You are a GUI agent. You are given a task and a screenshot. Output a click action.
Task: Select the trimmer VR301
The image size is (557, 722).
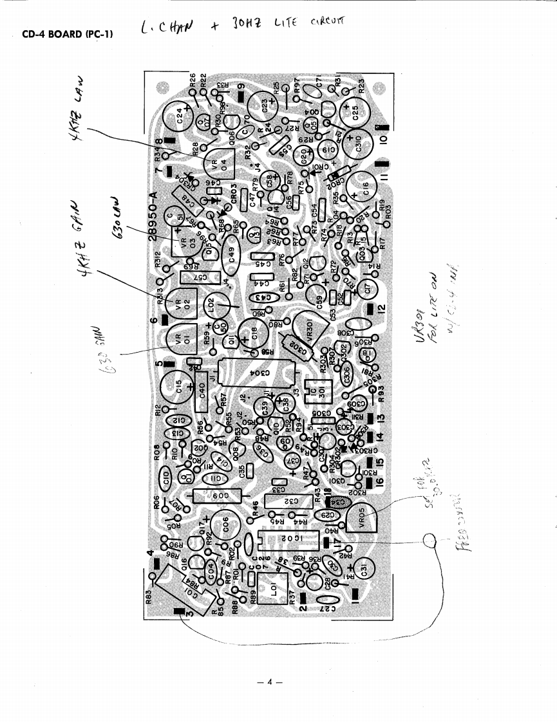point(304,326)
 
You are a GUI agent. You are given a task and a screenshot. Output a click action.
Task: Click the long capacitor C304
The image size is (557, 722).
point(258,373)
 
